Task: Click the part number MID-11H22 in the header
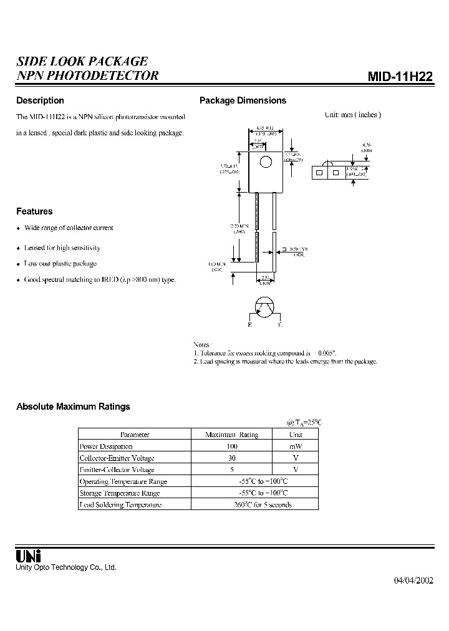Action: (x=400, y=77)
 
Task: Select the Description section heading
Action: (x=40, y=100)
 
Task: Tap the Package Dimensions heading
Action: (x=243, y=100)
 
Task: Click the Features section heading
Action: (x=34, y=211)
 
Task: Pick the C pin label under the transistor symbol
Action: (x=281, y=325)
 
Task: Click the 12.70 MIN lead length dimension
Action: (x=239, y=228)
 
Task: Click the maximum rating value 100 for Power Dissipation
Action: (x=231, y=446)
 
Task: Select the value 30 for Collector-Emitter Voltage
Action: (x=231, y=458)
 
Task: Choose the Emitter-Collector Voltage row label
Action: (x=117, y=470)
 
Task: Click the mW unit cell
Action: (x=296, y=446)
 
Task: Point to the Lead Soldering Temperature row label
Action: (x=120, y=504)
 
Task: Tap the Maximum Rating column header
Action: (x=231, y=435)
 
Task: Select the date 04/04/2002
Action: (x=413, y=580)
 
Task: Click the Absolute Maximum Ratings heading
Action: (x=73, y=407)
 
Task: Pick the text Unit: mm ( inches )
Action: (x=352, y=115)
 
